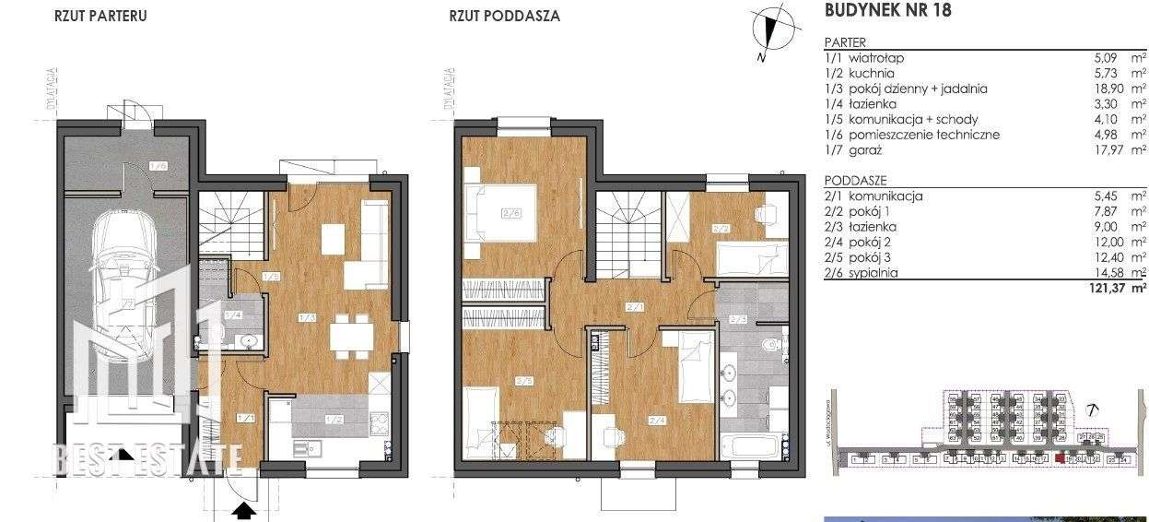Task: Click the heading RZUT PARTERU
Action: (x=100, y=16)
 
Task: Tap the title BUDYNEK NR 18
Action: (x=886, y=12)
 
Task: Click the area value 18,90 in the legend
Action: (x=1101, y=89)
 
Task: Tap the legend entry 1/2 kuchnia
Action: (x=860, y=73)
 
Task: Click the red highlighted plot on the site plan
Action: (x=1060, y=457)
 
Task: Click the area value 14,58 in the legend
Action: (x=1101, y=273)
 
